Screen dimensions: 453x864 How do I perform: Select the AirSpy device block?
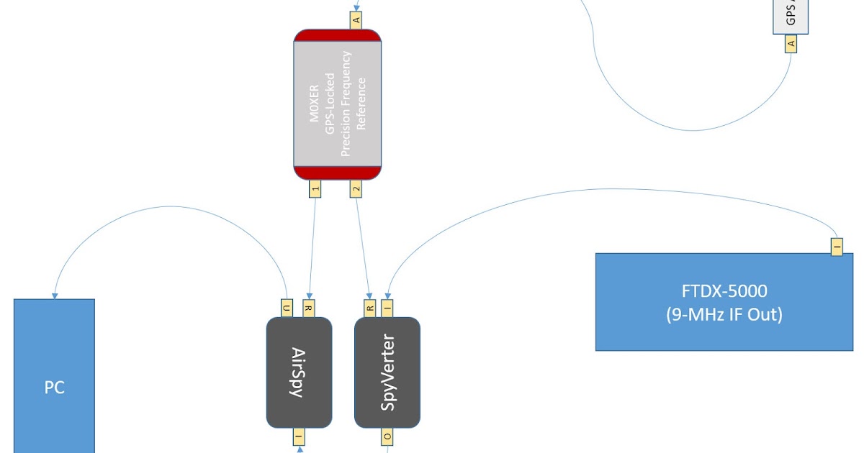299,372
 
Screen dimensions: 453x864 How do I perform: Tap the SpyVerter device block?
387,372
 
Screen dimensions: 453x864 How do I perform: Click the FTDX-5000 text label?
724,291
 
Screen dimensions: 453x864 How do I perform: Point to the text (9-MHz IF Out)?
724,314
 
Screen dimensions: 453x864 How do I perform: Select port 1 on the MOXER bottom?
315,188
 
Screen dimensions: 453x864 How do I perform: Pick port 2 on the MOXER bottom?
356,188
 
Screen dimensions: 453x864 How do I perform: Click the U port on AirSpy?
287,308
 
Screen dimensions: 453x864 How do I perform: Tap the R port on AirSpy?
309,308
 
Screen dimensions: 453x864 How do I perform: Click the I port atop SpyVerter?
387,308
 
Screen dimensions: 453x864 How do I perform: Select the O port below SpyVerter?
387,436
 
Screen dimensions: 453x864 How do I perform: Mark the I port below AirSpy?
299,436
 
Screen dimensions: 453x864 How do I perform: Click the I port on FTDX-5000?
836,245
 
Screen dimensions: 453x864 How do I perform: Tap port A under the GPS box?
791,43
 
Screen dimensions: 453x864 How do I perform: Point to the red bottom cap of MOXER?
337,172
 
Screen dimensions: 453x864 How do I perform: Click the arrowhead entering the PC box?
54,295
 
